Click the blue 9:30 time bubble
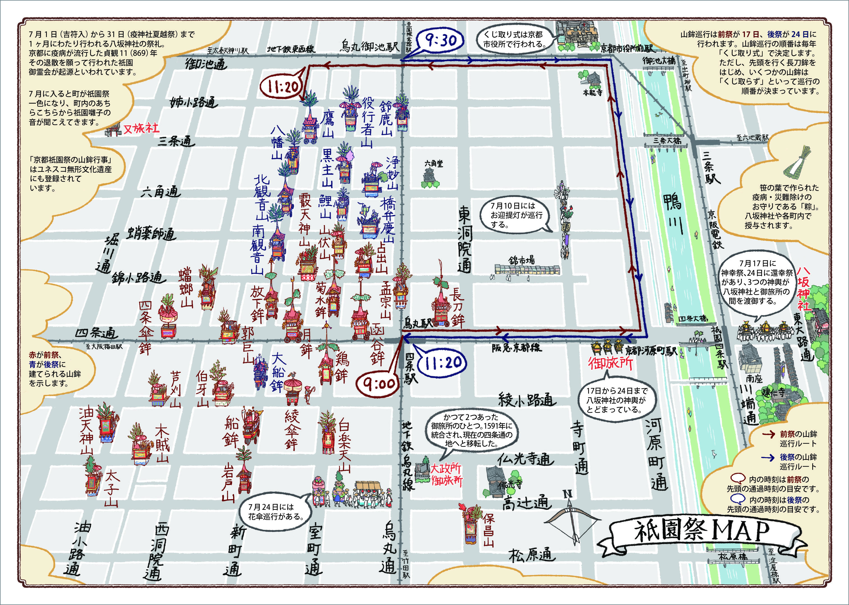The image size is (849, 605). coord(441,40)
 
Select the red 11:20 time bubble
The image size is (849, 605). coord(283,87)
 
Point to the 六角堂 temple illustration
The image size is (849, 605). coord(431,178)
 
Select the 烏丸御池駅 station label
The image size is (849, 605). coord(369,47)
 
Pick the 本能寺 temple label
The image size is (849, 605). coord(592,92)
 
